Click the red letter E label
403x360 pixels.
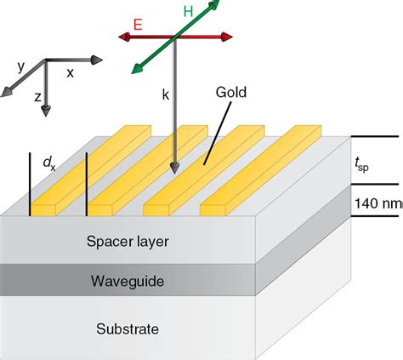(138, 25)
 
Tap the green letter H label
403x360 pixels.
(188, 12)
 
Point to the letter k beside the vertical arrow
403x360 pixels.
(166, 94)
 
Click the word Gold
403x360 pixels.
(231, 93)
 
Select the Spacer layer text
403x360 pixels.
(128, 242)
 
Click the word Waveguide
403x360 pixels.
(128, 282)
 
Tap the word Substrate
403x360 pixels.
(128, 329)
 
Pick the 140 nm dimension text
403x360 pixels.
(378, 203)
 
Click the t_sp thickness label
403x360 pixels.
(361, 165)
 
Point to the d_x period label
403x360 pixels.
(49, 164)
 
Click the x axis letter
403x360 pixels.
(70, 73)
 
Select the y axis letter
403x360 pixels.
(20, 67)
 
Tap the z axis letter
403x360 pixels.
(37, 97)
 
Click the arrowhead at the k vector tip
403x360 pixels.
(175, 169)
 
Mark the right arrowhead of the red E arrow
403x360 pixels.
(227, 37)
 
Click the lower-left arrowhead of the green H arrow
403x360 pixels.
(137, 69)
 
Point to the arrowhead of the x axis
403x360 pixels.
(97, 60)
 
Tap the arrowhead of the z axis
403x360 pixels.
(46, 111)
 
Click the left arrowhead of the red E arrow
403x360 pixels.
(124, 37)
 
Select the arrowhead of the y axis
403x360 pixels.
(7, 92)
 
